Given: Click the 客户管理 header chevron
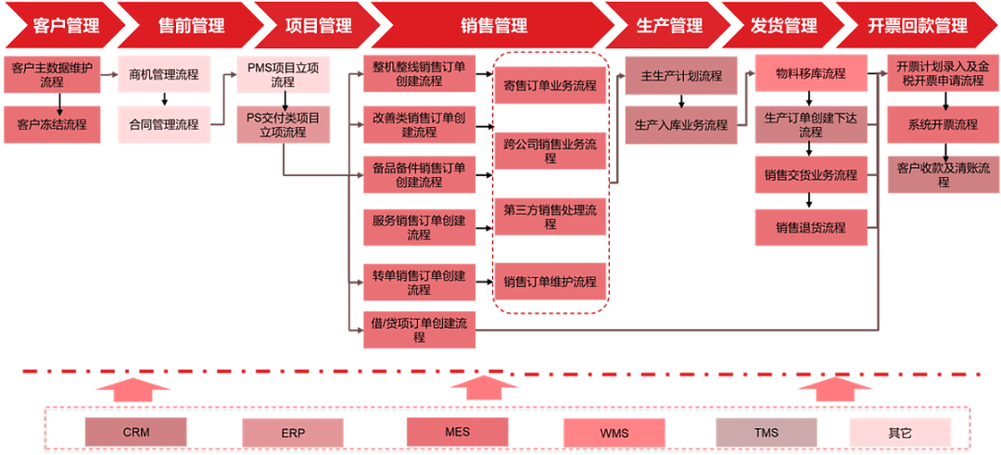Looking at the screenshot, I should pos(60,26).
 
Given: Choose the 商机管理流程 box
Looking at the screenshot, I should pos(164,75).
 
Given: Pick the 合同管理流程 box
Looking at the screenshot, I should pos(164,124).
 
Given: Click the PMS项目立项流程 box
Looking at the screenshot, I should pos(283,75).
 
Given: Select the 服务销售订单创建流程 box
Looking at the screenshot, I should pos(419,227).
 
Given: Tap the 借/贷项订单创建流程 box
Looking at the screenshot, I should pos(419,330).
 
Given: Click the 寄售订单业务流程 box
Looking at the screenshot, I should pos(550,86).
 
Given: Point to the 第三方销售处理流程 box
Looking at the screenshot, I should pos(550,217).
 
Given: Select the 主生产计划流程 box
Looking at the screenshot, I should pos(681,76).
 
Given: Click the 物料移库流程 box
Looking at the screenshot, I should pos(811,74).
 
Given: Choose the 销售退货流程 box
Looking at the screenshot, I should pos(811,228).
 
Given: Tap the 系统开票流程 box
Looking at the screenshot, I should pos(943,124).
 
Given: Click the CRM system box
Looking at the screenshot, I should pos(135,432).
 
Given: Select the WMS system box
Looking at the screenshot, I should pos(615,432).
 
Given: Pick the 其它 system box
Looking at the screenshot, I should pos(900,432).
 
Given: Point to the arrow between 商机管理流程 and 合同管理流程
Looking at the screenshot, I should pos(164,100).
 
